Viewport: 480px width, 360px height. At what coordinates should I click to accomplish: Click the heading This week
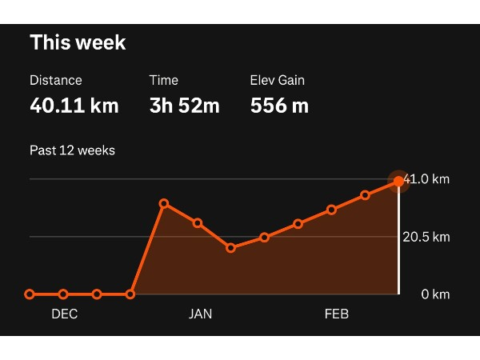click(x=78, y=42)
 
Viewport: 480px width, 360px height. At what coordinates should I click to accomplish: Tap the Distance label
click(x=56, y=80)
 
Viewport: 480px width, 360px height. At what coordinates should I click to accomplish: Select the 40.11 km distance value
click(x=74, y=105)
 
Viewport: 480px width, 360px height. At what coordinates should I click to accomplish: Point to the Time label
click(x=164, y=80)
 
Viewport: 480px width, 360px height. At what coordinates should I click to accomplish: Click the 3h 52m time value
click(x=184, y=105)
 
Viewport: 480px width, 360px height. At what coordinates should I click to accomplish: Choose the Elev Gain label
click(x=278, y=80)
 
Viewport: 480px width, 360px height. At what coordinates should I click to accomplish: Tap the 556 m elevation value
click(x=279, y=105)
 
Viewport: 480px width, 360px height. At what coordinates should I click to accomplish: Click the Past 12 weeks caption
click(x=72, y=150)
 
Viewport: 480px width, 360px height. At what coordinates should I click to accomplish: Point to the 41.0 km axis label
click(x=427, y=179)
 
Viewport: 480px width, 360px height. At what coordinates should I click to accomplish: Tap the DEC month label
click(x=65, y=314)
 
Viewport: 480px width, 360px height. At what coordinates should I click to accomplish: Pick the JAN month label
click(x=200, y=314)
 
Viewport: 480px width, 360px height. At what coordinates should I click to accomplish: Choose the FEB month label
click(x=337, y=314)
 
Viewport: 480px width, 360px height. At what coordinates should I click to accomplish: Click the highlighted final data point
click(x=398, y=182)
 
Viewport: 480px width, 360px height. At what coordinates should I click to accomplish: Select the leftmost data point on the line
click(x=30, y=294)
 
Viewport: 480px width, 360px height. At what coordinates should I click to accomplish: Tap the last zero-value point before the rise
click(x=130, y=294)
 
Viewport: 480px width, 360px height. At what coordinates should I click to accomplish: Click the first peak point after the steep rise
click(x=164, y=204)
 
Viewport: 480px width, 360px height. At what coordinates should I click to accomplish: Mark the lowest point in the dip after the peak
click(x=231, y=248)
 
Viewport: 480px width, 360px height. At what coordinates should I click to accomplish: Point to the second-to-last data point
click(x=365, y=195)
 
